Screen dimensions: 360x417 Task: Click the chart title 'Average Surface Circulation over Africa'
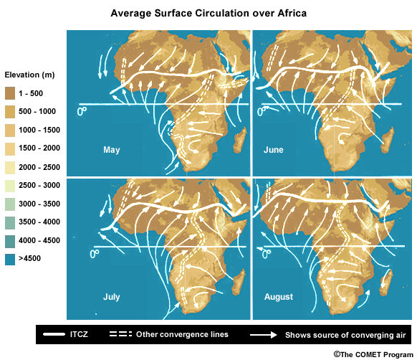[208, 14]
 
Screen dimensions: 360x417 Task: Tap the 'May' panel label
[111, 151]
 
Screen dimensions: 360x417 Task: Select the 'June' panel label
[273, 150]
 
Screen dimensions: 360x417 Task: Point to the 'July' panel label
[112, 295]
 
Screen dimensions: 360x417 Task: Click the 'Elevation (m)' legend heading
[29, 75]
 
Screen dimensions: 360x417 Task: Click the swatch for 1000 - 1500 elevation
[11, 130]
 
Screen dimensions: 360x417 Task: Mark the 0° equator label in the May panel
[82, 111]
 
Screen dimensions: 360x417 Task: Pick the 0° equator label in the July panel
[94, 254]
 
